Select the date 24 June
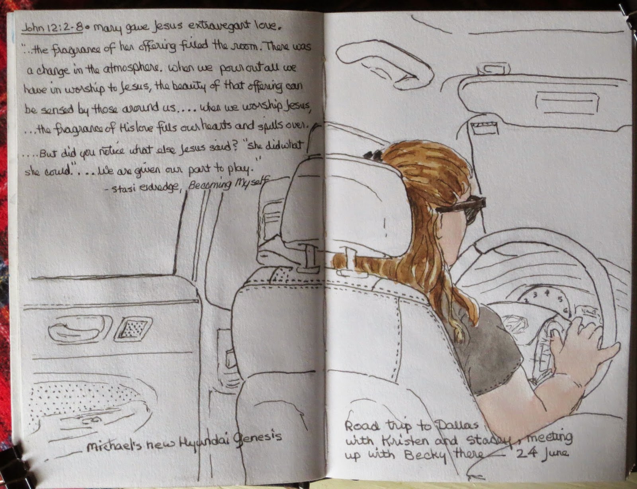click(542, 454)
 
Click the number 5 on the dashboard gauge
click(560, 299)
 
